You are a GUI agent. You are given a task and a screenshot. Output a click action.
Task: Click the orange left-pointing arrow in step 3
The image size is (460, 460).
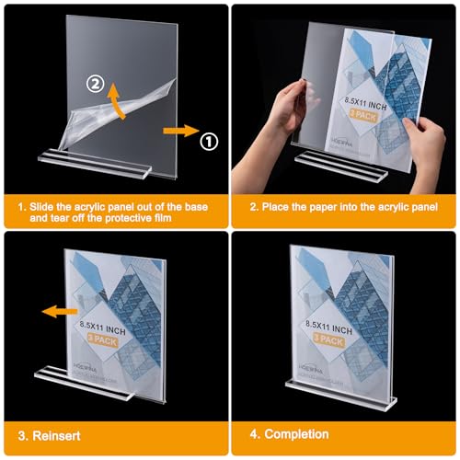tap(57, 311)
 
